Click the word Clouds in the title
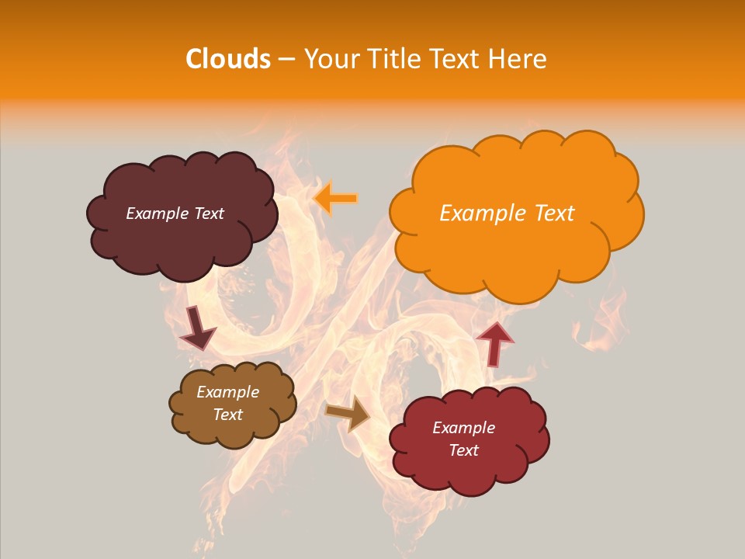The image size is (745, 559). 228,59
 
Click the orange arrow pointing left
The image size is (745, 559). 335,199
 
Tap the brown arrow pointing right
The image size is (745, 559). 348,412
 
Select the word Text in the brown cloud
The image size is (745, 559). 228,415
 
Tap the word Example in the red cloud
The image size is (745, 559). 463,428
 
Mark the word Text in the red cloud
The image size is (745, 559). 463,450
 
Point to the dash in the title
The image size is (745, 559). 286,59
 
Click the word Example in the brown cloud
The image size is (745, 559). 228,392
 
